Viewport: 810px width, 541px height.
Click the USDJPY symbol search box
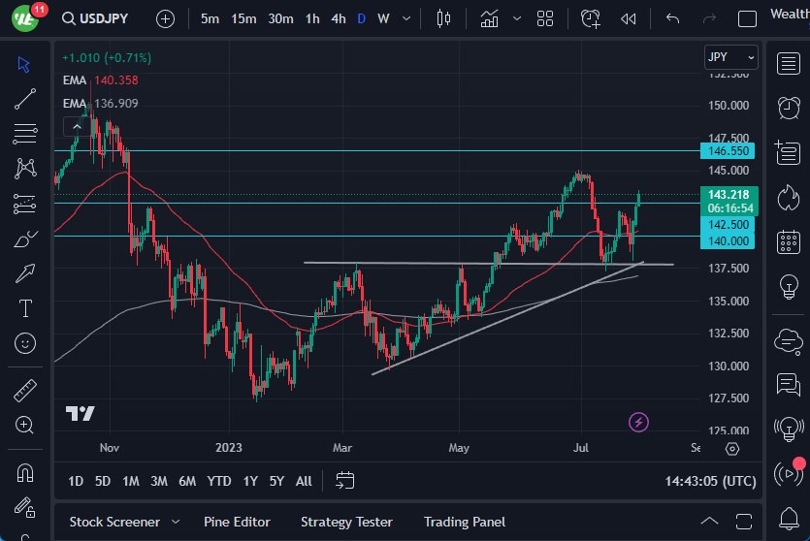tap(103, 18)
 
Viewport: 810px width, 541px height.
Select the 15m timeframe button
tap(243, 18)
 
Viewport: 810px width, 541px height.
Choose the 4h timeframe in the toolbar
tap(338, 18)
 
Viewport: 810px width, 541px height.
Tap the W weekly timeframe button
tap(383, 18)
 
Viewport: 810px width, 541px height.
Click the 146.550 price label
tap(729, 151)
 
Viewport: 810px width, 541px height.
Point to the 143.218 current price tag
tap(729, 195)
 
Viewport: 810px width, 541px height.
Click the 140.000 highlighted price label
tap(729, 241)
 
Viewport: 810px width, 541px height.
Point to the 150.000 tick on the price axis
tap(728, 106)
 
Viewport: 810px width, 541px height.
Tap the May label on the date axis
tap(459, 448)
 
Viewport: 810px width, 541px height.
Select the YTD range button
tap(219, 481)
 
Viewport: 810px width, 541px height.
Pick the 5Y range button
tap(276, 481)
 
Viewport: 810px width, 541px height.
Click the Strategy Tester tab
tap(346, 522)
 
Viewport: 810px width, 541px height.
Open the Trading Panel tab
tap(465, 522)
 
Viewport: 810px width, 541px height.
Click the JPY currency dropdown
tap(730, 57)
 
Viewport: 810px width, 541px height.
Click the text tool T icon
tap(25, 308)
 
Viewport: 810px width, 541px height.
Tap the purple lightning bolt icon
tap(638, 422)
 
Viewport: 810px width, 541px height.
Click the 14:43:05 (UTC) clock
tap(711, 481)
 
